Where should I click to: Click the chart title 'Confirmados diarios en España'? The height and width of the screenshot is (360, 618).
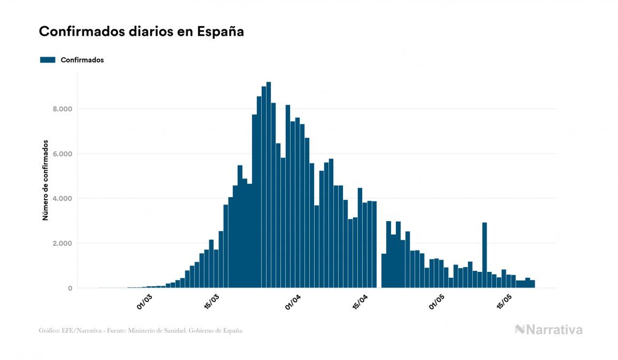tap(142, 32)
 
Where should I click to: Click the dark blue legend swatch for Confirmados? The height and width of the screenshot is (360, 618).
tap(48, 60)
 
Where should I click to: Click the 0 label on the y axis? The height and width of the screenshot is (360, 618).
tap(69, 288)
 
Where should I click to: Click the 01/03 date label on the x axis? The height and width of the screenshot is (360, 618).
tap(145, 302)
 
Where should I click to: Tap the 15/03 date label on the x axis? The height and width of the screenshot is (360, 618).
tap(212, 302)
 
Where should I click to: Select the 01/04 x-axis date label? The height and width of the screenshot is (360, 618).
tap(293, 302)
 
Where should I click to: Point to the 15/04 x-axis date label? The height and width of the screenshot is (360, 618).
tap(361, 302)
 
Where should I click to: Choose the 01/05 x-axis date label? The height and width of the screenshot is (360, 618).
tap(437, 302)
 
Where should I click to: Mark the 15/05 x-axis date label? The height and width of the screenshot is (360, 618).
tap(504, 302)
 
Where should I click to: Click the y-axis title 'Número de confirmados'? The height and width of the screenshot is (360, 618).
tap(46, 181)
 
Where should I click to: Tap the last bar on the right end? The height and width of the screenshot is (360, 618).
tap(533, 284)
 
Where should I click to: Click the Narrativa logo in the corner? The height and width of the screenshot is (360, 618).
tap(549, 330)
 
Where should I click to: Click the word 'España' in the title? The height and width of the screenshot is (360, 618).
tap(221, 32)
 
